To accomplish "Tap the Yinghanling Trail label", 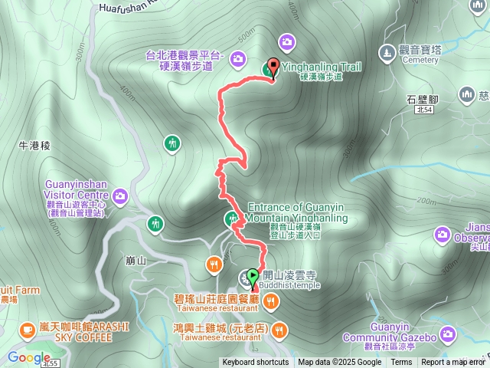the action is point(322,67).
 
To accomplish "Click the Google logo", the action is point(29,356).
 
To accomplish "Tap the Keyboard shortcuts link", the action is point(256,363).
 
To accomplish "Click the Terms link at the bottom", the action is point(401,363).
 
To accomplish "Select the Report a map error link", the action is point(453,363).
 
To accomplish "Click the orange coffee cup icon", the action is point(28,330).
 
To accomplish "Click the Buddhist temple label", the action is point(291,285).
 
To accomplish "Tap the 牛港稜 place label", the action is point(34,143).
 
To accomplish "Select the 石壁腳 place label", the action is point(422,100).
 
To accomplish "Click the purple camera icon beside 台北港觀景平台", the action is point(238,58).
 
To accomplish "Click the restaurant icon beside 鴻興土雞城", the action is point(279,330).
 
